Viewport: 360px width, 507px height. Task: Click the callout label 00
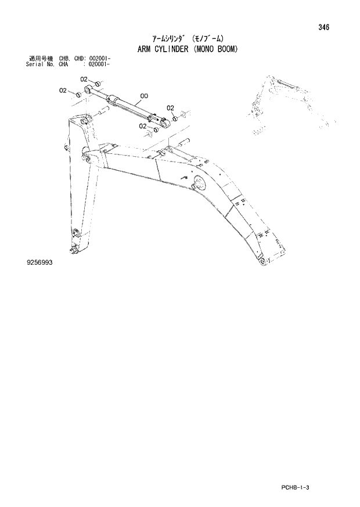click(143, 96)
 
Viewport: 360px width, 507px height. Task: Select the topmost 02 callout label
click(84, 80)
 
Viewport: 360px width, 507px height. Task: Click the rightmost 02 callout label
click(170, 108)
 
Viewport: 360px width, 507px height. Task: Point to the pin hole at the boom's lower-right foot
click(263, 263)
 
